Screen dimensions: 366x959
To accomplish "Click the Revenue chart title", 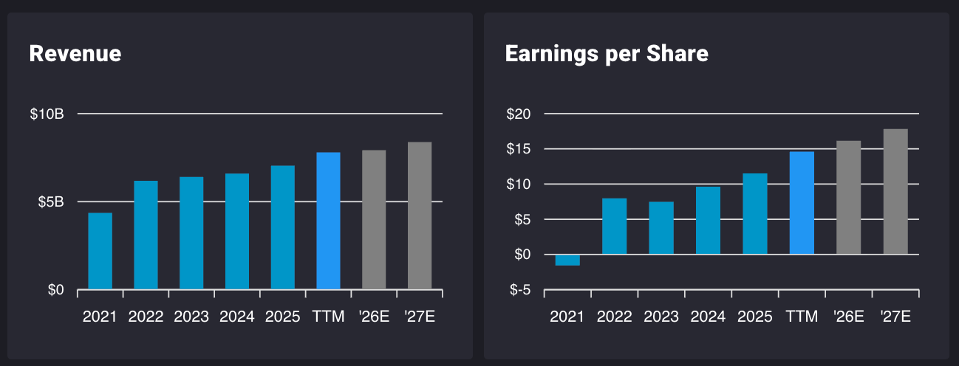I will tap(75, 54).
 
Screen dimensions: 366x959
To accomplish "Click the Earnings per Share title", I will tap(606, 54).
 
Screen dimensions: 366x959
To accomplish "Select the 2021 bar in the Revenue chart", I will tap(100, 251).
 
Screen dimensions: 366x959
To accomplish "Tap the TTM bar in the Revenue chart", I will tap(328, 221).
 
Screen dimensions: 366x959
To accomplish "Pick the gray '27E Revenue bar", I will tap(420, 215).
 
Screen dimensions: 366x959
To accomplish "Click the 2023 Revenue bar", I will tap(191, 233).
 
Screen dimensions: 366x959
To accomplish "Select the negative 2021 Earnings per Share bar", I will tap(567, 260).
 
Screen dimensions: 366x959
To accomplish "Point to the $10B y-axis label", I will tap(47, 114).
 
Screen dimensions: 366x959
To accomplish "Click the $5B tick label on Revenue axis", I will tap(50, 202).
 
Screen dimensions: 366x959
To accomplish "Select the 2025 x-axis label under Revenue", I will tap(282, 317).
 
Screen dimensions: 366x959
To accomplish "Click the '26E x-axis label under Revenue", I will tap(374, 317).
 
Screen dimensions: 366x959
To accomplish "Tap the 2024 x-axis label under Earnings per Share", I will tap(708, 317).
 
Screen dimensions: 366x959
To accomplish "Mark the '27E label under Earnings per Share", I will tap(895, 317).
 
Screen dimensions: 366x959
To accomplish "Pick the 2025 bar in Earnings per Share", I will tap(754, 214).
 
